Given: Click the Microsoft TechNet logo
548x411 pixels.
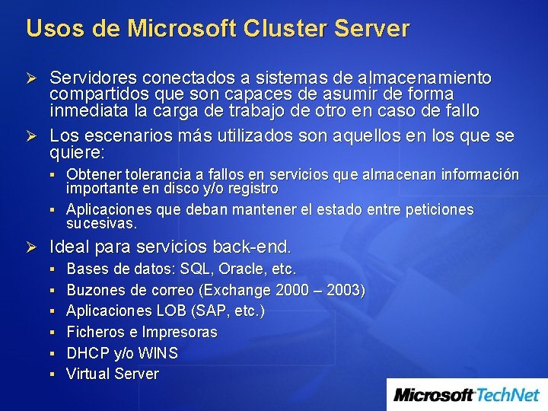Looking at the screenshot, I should (x=467, y=394).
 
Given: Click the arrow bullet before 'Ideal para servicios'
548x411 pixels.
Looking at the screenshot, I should (x=32, y=247).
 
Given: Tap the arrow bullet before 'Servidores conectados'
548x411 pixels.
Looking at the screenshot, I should (x=32, y=78).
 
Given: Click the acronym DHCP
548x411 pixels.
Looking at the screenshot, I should (x=88, y=353).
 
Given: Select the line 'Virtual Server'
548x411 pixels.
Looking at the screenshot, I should (x=113, y=374).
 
